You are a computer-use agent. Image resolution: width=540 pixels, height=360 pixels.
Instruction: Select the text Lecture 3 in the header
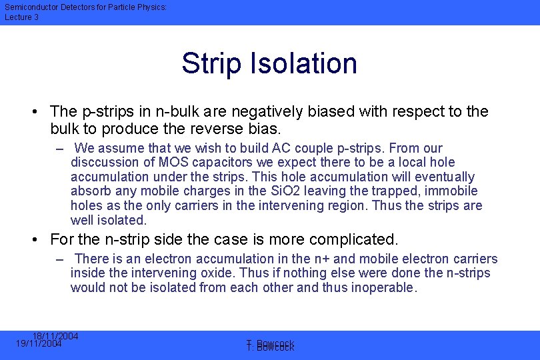[x=21, y=17]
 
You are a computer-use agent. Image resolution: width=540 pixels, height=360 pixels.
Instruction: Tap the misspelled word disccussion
[x=102, y=163]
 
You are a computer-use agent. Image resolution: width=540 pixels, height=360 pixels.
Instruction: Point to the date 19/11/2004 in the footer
[x=39, y=344]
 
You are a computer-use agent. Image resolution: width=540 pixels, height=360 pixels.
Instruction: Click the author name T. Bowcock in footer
[x=270, y=346]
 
